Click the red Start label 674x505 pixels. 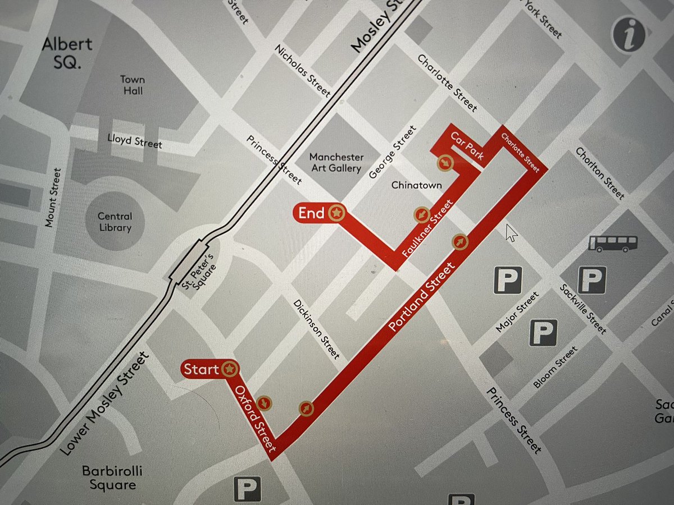coord(201,369)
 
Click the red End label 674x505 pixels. coord(312,213)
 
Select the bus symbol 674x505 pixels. coord(613,243)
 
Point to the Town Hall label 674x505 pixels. coord(131,85)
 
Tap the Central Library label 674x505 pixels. coord(114,222)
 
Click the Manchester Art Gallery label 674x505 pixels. coord(336,163)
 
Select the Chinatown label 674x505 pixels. coord(416,185)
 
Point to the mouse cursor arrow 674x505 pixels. coord(510,232)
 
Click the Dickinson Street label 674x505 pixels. coord(317,329)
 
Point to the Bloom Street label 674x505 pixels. coord(555,367)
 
